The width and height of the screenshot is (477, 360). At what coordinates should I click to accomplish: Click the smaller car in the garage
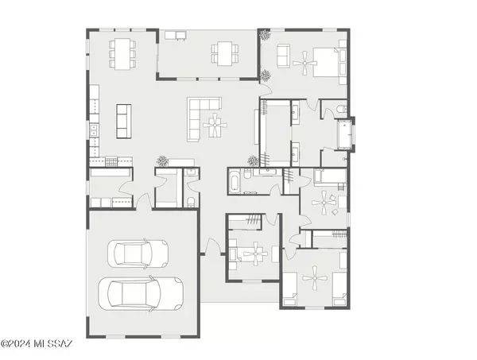click(x=138, y=254)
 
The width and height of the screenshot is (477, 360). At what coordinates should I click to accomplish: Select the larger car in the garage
click(x=141, y=294)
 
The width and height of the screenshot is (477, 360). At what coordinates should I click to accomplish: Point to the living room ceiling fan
click(x=215, y=125)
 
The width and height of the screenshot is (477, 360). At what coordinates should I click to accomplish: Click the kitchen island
click(x=124, y=122)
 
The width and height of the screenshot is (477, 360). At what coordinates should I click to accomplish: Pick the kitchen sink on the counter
click(x=94, y=130)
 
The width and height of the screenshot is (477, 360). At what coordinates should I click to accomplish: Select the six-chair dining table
click(x=122, y=54)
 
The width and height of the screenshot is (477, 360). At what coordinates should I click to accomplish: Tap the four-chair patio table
click(x=225, y=53)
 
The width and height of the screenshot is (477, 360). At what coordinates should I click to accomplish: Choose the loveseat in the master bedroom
click(x=283, y=56)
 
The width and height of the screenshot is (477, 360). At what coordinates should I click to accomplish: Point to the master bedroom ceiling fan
click(x=304, y=64)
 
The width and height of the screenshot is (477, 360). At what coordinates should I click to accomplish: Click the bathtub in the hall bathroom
click(x=235, y=180)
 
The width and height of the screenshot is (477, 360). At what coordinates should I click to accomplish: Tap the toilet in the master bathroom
click(x=341, y=109)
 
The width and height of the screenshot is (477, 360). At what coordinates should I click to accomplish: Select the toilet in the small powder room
click(x=192, y=201)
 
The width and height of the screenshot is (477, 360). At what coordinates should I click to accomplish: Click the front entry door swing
click(x=212, y=246)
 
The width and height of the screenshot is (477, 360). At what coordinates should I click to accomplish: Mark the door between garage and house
click(x=144, y=201)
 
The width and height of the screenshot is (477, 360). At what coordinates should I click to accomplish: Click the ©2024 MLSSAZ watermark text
click(x=37, y=344)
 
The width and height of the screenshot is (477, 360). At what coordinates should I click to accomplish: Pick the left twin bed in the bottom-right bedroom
click(x=290, y=288)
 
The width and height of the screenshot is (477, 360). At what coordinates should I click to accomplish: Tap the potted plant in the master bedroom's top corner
click(x=265, y=35)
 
